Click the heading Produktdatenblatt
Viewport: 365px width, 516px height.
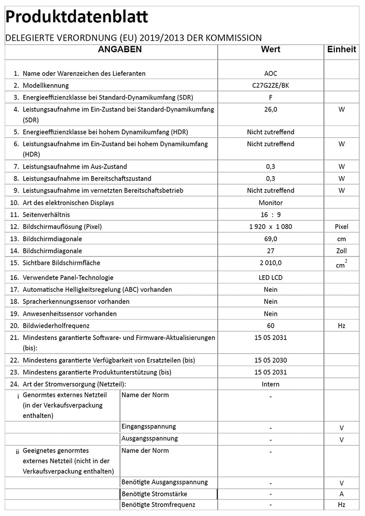click(77, 17)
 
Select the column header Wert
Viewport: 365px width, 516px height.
click(271, 49)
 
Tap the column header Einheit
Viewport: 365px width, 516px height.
click(342, 49)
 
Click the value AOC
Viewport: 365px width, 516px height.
click(271, 73)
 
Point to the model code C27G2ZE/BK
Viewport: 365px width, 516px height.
click(271, 85)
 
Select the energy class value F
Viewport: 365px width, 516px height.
click(271, 97)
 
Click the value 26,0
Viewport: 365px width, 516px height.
click(271, 110)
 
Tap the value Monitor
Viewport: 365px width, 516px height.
click(271, 203)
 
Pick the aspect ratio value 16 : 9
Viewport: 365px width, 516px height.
click(271, 215)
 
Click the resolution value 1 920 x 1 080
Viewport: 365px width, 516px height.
click(271, 227)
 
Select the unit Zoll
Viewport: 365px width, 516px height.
click(342, 251)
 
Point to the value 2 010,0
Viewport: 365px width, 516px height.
click(271, 263)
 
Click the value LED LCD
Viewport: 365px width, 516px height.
click(271, 278)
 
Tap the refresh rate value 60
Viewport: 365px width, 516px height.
click(271, 326)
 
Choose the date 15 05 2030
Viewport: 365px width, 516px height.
click(271, 360)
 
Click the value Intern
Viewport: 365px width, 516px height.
click(271, 384)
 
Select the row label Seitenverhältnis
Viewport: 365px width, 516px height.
click(46, 215)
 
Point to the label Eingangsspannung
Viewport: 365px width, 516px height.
click(149, 426)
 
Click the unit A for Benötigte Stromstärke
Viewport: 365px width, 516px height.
click(342, 494)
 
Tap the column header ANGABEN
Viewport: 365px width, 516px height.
click(120, 49)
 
